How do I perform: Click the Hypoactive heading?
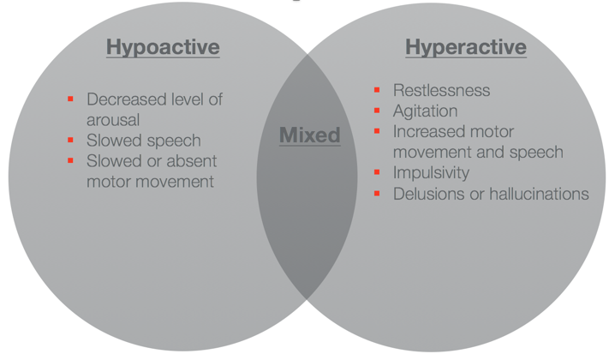[x=163, y=47]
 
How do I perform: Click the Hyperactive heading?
[x=466, y=47]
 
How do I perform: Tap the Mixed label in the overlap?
[x=310, y=135]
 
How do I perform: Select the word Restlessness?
[x=442, y=90]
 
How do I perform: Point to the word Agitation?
[x=426, y=111]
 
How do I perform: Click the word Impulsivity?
[x=431, y=173]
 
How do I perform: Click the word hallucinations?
[x=540, y=194]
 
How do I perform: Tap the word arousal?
[x=113, y=120]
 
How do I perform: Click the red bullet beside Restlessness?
[x=377, y=90]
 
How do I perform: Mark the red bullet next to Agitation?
[x=377, y=111]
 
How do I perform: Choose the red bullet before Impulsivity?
[x=377, y=172]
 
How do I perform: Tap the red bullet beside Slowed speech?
[x=70, y=140]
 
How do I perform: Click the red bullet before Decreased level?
[x=70, y=99]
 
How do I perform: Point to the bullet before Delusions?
[x=377, y=193]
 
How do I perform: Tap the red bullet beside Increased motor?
[x=377, y=131]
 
